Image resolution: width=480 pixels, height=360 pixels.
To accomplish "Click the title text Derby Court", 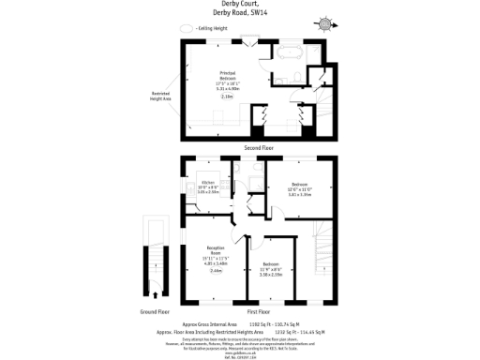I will click(x=239, y=5).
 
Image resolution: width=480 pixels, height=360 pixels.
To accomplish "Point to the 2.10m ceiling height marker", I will click(x=227, y=97).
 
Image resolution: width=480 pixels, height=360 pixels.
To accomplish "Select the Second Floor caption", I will click(x=261, y=148).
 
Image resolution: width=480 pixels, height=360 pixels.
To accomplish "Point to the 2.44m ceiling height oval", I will click(x=215, y=270).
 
